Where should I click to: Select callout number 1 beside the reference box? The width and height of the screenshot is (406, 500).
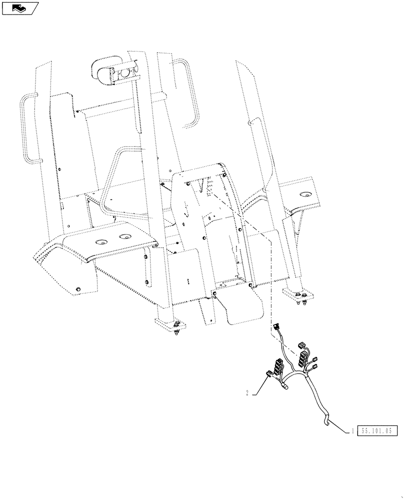(352, 430)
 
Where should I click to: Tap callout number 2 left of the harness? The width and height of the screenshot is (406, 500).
(247, 393)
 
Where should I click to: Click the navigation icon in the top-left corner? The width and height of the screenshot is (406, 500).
(19, 7)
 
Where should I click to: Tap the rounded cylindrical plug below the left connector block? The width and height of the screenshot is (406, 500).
(284, 385)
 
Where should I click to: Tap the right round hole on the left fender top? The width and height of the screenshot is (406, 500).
(123, 236)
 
